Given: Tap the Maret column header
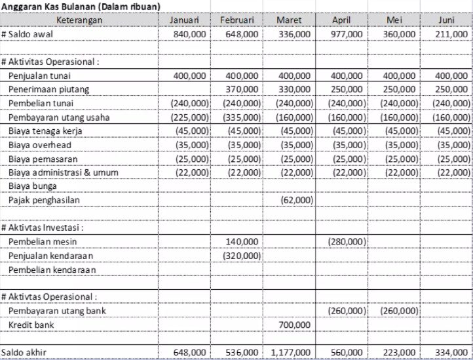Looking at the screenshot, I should pos(289,20).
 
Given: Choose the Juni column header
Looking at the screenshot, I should pos(445,20).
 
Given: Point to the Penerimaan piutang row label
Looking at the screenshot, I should pos(48,89).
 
